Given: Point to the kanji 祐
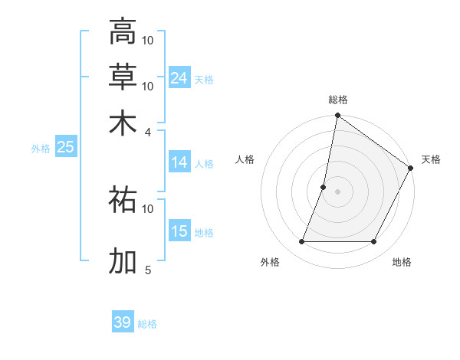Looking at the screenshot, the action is [123, 199].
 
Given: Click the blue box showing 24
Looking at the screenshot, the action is [179, 78].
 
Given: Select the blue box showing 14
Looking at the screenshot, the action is [179, 162].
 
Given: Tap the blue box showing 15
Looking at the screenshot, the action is [179, 231].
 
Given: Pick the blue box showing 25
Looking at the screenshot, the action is [65, 148].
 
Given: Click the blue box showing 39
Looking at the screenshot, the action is [123, 322].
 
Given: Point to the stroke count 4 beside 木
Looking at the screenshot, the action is [148, 132].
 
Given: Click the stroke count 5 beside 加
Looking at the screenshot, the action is [148, 270].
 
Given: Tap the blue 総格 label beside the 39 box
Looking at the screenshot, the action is [148, 324].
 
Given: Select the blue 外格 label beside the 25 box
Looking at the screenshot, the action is [41, 149].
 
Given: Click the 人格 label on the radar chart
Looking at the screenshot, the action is [245, 159].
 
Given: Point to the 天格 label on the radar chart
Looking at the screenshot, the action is [431, 159].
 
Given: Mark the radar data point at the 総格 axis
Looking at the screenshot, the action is [337, 116].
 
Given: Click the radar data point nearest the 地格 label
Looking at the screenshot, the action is [374, 242].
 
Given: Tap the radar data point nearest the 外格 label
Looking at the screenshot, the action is [301, 242].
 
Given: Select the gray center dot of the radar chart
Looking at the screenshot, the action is [337, 191].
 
